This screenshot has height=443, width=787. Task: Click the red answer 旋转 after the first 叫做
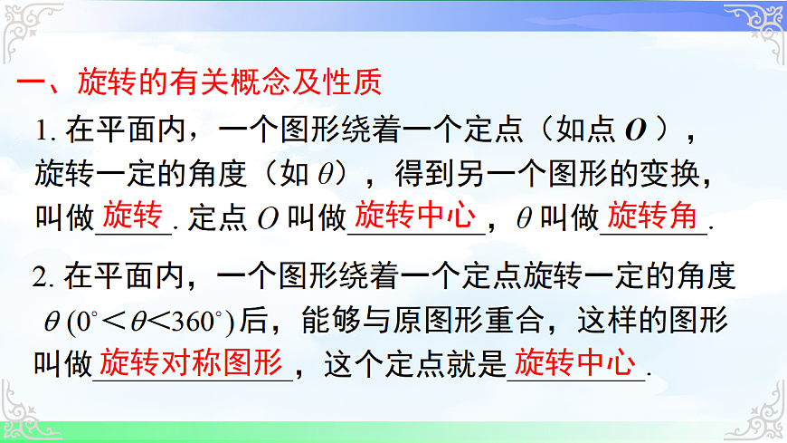[x=132, y=217]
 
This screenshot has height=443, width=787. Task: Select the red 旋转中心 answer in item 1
[x=415, y=217]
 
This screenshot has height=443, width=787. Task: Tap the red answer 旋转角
[x=652, y=217]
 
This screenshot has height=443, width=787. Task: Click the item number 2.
[x=43, y=275]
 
